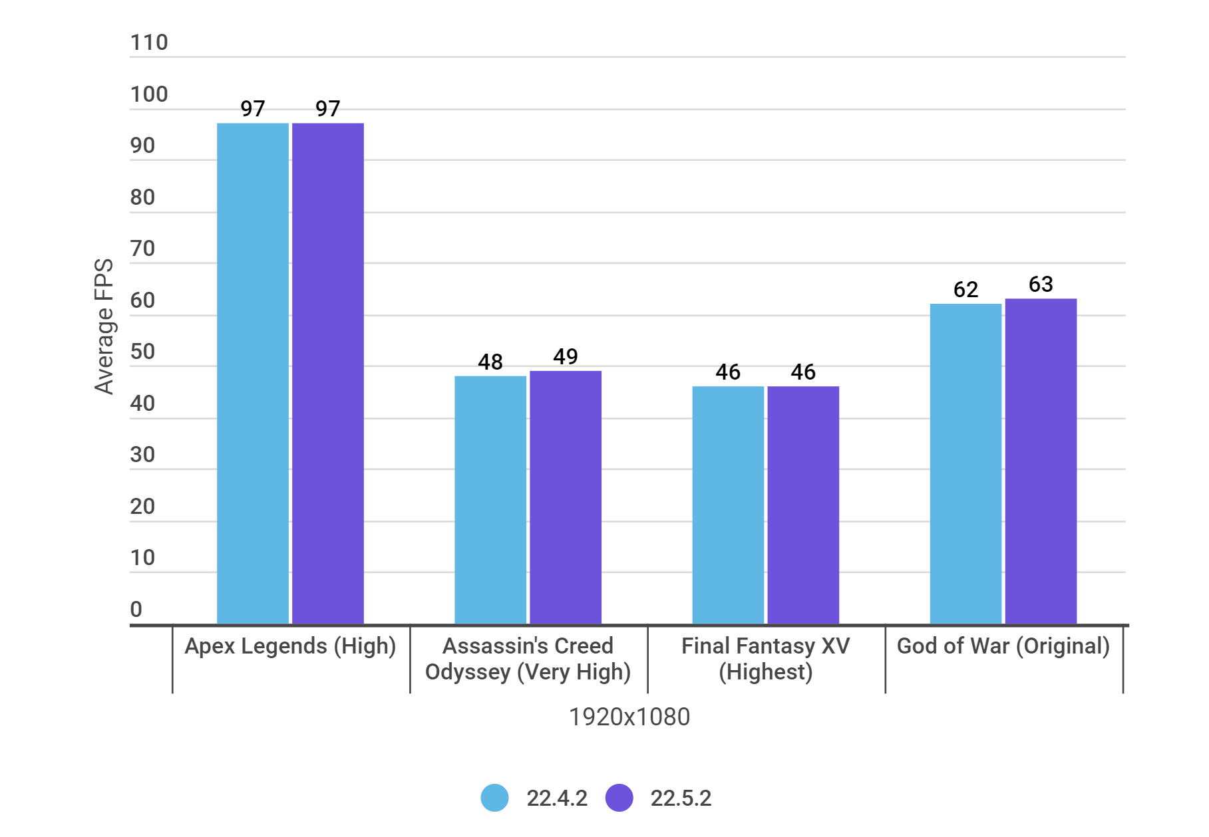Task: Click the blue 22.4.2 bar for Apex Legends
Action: (253, 372)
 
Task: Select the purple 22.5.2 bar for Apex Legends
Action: (328, 372)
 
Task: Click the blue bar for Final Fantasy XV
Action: (728, 505)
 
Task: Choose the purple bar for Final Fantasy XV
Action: (803, 505)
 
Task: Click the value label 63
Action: (1041, 285)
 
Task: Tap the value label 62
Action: (965, 290)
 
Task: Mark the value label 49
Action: (566, 357)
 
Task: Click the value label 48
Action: (490, 362)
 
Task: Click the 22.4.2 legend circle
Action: (494, 798)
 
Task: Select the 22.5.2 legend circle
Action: (619, 798)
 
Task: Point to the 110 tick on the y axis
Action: (149, 43)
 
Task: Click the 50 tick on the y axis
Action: (142, 352)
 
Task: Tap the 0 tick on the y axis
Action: (136, 609)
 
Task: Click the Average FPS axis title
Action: (104, 326)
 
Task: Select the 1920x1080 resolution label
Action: (629, 717)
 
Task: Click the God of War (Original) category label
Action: (1003, 646)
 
